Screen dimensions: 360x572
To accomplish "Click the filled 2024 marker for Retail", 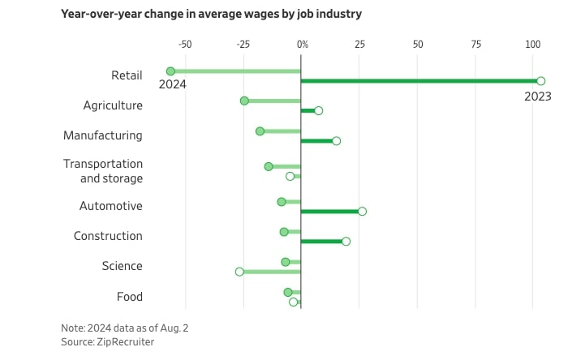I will coord(170,71).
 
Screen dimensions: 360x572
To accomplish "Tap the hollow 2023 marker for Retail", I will coord(540,81).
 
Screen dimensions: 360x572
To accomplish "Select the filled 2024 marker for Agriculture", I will coord(244,101).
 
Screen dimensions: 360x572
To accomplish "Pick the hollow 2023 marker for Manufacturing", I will coord(336,141).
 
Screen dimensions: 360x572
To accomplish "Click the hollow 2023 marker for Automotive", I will coord(362,212).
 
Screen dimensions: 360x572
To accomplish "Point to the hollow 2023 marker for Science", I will coord(239,272).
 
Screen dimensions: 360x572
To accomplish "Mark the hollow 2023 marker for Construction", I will coord(346,242).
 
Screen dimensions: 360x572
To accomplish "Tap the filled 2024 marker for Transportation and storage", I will coord(269,166).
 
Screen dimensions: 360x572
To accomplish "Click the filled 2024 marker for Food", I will coord(288,292).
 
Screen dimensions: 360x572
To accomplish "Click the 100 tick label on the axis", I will coord(532,45).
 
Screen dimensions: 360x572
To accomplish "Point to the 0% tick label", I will coord(302,45).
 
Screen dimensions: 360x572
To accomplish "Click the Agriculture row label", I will coord(113,105).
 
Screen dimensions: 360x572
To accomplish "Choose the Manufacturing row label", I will coord(103,135).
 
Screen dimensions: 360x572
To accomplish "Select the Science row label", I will coord(122,266).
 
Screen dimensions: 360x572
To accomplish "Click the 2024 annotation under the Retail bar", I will coord(172,84).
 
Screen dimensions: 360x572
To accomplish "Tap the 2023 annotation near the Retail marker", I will coord(537,96).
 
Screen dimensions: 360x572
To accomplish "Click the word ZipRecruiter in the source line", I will coord(125,342).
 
